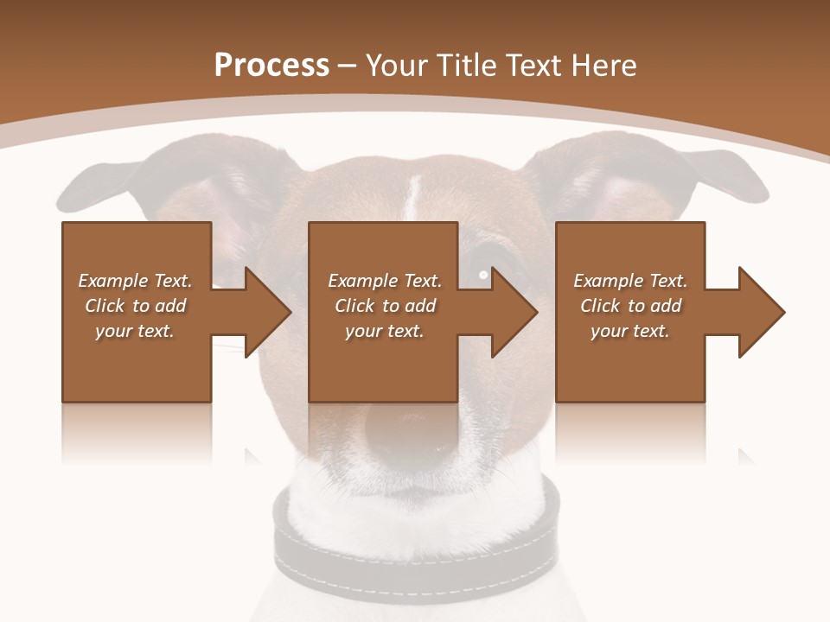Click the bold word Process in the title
coord(271,66)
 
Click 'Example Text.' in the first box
coord(135,281)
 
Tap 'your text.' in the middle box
coord(384,331)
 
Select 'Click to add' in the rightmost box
coord(630,306)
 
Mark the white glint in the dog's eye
coord(483,275)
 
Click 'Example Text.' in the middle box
coord(384,281)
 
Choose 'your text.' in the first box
coord(135,331)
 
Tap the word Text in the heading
coord(536,66)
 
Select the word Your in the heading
coord(397,66)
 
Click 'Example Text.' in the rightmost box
coord(630,281)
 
